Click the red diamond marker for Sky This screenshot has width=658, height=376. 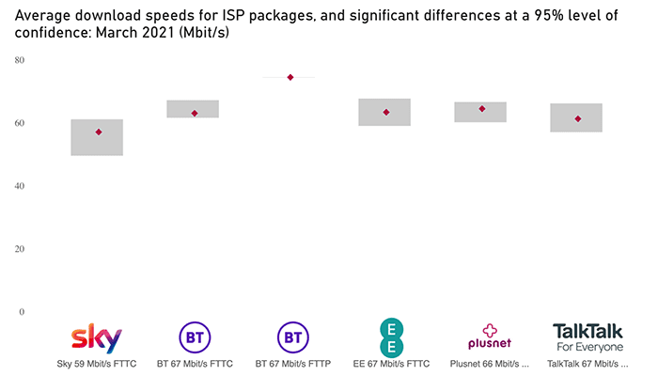[98, 132]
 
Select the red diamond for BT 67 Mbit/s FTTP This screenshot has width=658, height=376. [290, 77]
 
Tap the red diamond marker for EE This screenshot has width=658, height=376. [386, 112]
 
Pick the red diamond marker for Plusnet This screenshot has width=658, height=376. [482, 108]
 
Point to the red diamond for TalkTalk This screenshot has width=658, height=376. [578, 118]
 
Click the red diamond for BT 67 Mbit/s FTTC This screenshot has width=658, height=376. [195, 113]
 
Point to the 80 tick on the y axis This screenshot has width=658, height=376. [19, 60]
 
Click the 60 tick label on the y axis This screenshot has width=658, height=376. [19, 123]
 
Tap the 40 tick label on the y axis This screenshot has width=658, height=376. [19, 186]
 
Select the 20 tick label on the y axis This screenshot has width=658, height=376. [19, 249]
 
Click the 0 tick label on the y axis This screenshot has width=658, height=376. [21, 312]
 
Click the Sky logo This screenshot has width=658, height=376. [98, 337]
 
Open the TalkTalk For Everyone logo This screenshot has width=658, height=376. [587, 337]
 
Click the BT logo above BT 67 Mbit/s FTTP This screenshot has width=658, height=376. [290, 337]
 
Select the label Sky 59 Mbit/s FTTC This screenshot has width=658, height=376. [98, 363]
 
